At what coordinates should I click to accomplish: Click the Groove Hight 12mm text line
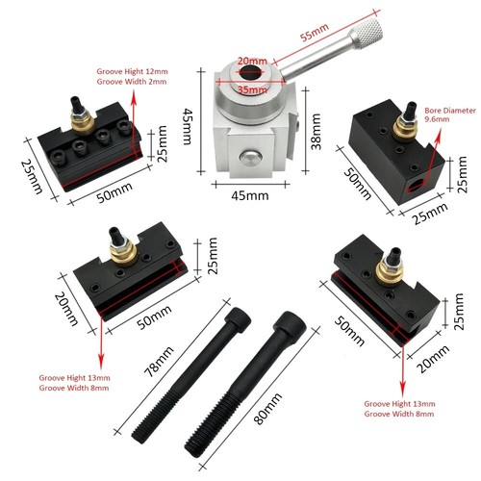133,72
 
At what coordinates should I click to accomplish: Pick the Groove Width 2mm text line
133,83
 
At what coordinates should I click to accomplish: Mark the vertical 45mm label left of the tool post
190,123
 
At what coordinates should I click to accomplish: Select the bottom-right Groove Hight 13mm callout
398,406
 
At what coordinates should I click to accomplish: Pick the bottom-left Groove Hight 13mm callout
72,377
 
